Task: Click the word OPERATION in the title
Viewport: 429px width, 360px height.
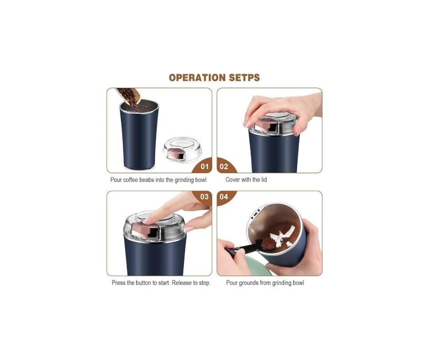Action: tap(198, 78)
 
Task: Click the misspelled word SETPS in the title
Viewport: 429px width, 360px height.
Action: tap(244, 78)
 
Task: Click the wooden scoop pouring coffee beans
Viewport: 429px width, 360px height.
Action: tap(129, 96)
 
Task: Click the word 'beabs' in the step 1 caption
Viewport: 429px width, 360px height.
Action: tap(146, 180)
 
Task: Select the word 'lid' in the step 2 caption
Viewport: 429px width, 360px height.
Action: tap(264, 180)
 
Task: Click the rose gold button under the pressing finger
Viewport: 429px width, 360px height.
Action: tap(145, 230)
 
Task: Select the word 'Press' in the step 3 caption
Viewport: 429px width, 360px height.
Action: tap(119, 283)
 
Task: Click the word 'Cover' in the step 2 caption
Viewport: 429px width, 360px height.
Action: tap(233, 180)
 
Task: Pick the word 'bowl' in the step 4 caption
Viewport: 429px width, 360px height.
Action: tap(298, 283)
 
